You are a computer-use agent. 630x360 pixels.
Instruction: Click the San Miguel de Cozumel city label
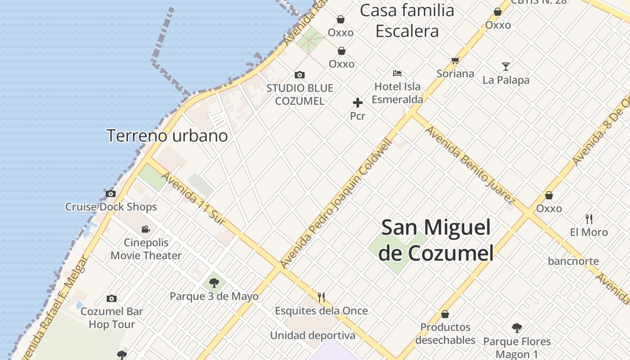pos(436,240)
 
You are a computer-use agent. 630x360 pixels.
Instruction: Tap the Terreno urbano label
pos(167,135)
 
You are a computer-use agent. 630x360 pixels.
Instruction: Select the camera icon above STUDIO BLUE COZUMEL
pos(299,75)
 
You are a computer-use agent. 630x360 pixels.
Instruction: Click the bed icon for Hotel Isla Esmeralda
pos(397,73)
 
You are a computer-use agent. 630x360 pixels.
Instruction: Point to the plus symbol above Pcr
pos(358,103)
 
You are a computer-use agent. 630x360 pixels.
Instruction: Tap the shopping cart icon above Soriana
pos(455,60)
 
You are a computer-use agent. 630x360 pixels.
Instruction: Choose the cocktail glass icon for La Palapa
pos(506,67)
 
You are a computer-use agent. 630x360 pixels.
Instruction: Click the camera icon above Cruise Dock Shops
pos(111,194)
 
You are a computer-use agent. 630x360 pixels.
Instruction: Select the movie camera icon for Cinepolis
pos(146,229)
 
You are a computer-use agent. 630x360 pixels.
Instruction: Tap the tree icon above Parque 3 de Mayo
pos(214,283)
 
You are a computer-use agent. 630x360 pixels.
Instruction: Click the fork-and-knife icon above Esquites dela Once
pos(321,297)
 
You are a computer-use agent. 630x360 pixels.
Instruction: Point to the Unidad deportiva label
pos(312,335)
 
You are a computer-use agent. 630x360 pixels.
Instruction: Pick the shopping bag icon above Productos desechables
pos(445,314)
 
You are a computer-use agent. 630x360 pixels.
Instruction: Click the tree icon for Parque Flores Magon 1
pos(517,328)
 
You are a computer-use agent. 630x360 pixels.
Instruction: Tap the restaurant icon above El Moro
pos(589,219)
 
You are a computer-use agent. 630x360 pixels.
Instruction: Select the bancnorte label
pos(573,261)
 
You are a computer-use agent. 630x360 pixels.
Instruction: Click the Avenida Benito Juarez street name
pos(470,165)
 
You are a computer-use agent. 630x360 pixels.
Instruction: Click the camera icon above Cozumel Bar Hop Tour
pos(112,298)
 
